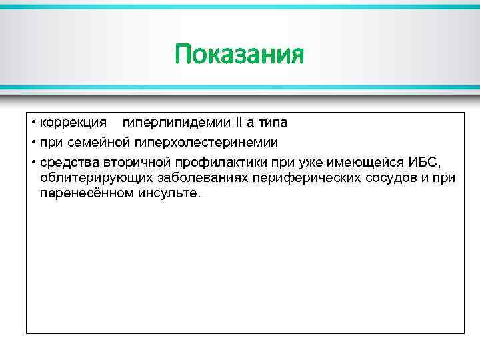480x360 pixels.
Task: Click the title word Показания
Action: pos(239,54)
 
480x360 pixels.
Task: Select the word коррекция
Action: pos(73,123)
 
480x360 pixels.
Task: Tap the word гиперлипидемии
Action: pos(175,123)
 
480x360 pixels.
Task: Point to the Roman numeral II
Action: pos(239,123)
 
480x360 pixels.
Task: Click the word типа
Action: pos(272,123)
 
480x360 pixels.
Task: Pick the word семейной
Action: pos(99,142)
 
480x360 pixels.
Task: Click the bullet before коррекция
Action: pos(33,124)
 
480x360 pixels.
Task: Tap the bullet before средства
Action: pos(33,161)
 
